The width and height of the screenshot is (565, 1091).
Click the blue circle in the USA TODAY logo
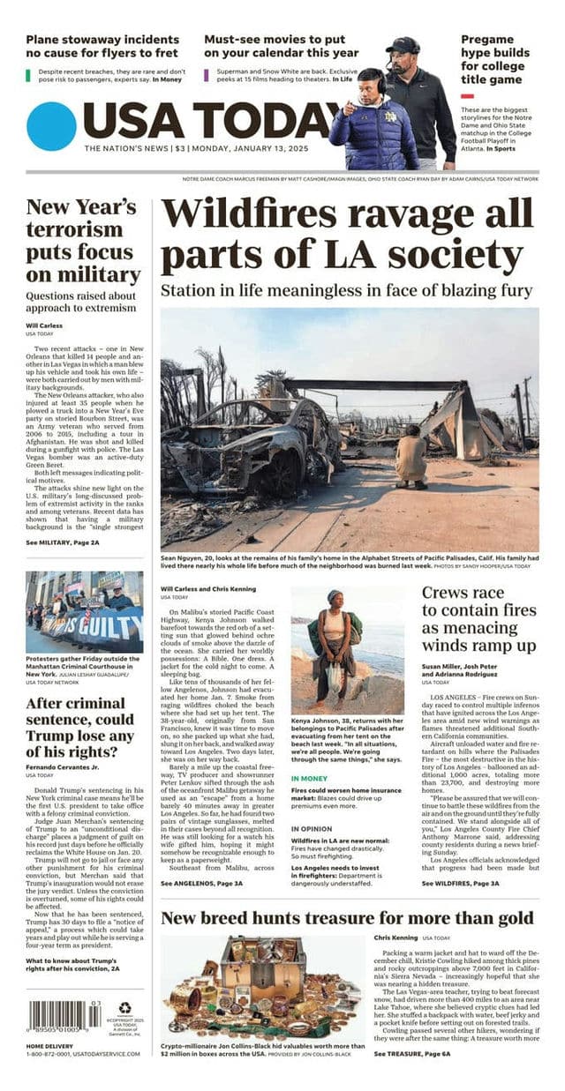51,126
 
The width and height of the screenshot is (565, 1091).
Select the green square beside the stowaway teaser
30,74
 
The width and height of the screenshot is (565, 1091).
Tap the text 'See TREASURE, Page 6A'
411,1053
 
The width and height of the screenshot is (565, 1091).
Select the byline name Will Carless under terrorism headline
43,326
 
